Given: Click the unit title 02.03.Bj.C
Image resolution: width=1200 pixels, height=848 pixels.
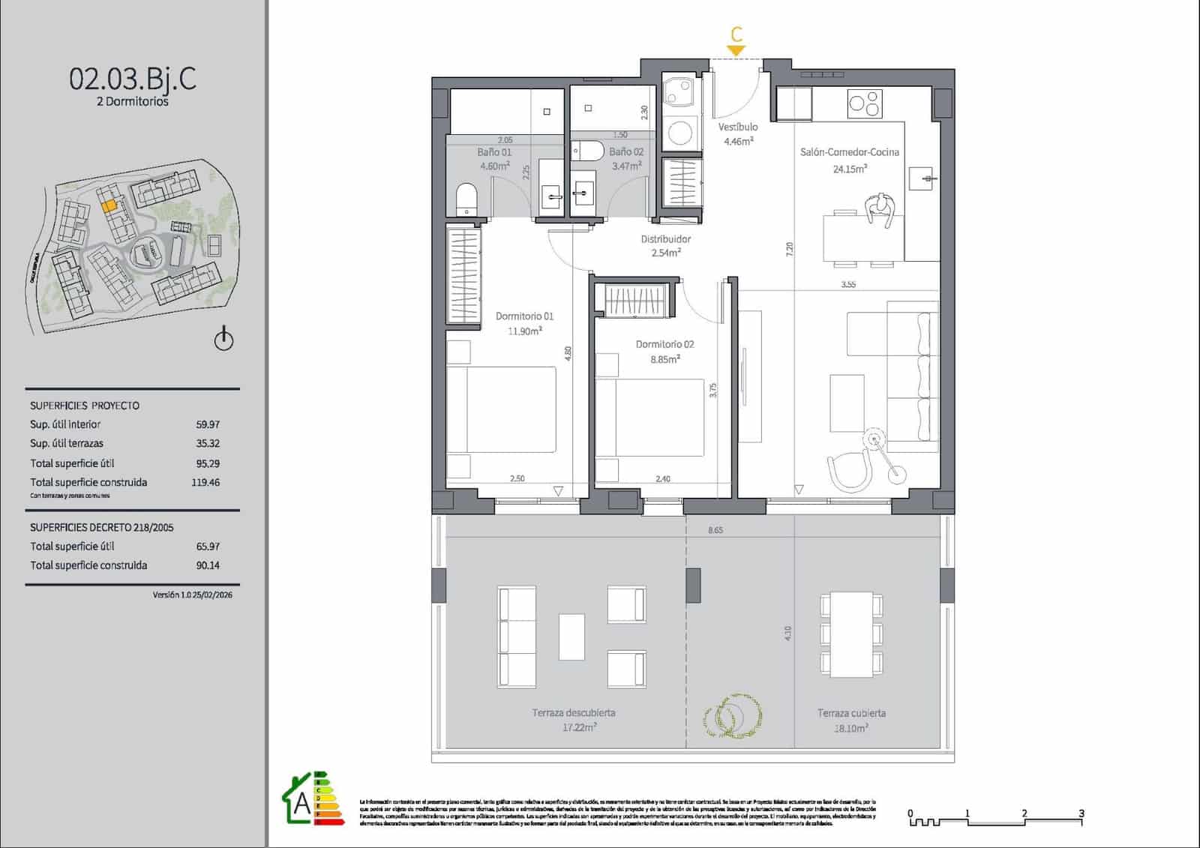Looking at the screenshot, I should [133, 78].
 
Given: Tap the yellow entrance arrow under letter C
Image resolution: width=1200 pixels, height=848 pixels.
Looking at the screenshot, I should [736, 51].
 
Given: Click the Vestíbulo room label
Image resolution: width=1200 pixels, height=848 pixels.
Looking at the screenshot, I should [738, 127].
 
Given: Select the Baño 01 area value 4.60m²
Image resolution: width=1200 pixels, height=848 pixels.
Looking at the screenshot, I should [494, 166].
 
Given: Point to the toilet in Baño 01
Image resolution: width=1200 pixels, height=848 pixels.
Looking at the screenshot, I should [466, 199].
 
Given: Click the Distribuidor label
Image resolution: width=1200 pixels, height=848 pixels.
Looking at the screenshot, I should [665, 239].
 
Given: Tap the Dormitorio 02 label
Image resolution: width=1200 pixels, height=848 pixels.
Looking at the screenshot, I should [664, 344].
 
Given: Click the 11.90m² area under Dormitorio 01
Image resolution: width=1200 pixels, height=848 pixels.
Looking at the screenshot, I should [524, 331].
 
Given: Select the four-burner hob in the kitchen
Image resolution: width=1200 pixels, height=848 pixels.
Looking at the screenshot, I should [864, 103].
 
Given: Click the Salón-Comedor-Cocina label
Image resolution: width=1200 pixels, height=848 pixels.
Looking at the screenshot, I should [849, 152].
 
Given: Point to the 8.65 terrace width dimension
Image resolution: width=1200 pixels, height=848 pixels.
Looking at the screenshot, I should [715, 530].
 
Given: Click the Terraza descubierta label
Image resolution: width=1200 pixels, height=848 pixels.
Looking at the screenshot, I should [574, 712].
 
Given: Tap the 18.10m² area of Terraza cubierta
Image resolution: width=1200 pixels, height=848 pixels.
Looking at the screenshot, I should [850, 728].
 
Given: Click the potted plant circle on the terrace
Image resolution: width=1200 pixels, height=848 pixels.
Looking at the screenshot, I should [733, 716].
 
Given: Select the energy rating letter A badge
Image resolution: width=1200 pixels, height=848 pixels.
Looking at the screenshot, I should [302, 803].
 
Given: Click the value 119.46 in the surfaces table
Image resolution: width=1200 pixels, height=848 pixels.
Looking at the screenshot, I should [205, 482].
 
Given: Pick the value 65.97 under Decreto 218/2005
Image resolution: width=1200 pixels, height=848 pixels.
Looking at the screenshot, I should [208, 547].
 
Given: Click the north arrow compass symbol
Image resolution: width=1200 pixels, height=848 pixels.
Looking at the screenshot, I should [223, 340].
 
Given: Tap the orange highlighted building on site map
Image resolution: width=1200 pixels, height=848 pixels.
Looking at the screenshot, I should [109, 204].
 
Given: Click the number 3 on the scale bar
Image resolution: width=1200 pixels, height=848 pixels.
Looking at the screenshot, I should [1081, 813].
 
